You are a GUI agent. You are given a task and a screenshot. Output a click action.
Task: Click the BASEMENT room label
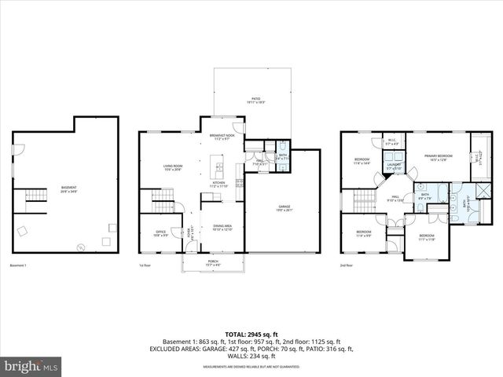69,188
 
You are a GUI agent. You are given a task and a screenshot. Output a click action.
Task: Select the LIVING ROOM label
173,167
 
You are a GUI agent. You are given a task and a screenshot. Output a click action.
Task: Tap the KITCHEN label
218,185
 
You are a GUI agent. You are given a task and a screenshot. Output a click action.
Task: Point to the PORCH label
213,264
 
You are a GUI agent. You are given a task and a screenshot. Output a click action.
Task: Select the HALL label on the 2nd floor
395,198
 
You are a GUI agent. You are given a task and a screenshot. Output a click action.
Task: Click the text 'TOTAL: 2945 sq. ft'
251,333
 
